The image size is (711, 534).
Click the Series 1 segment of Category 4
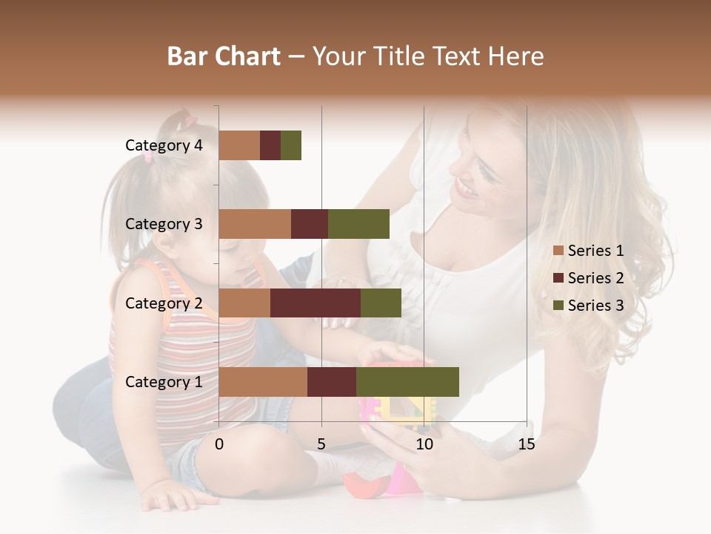pyautogui.click(x=239, y=145)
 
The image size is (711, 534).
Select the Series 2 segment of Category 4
pyautogui.click(x=270, y=145)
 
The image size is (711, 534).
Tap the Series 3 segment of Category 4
pyautogui.click(x=291, y=145)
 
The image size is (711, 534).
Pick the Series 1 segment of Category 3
pyautogui.click(x=255, y=224)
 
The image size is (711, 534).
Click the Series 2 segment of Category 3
pyautogui.click(x=310, y=224)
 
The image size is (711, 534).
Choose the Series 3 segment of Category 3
pyautogui.click(x=358, y=224)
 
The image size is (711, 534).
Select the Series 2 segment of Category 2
pyautogui.click(x=316, y=303)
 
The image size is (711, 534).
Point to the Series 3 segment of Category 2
pyautogui.click(x=381, y=303)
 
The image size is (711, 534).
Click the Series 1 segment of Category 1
pyautogui.click(x=263, y=381)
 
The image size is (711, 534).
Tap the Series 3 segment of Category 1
pyautogui.click(x=407, y=381)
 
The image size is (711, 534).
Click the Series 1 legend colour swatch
pyautogui.click(x=558, y=251)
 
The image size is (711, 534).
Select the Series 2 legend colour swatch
pyautogui.click(x=558, y=278)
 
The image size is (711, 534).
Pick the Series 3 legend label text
pyautogui.click(x=595, y=306)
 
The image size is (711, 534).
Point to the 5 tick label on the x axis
pyautogui.click(x=321, y=444)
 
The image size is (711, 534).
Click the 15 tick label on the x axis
pyautogui.click(x=526, y=444)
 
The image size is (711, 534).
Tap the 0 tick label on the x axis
pyautogui.click(x=219, y=444)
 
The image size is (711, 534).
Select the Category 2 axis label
pyautogui.click(x=164, y=303)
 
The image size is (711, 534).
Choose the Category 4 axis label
pyautogui.click(x=164, y=145)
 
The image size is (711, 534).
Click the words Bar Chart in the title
pyautogui.click(x=224, y=56)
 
